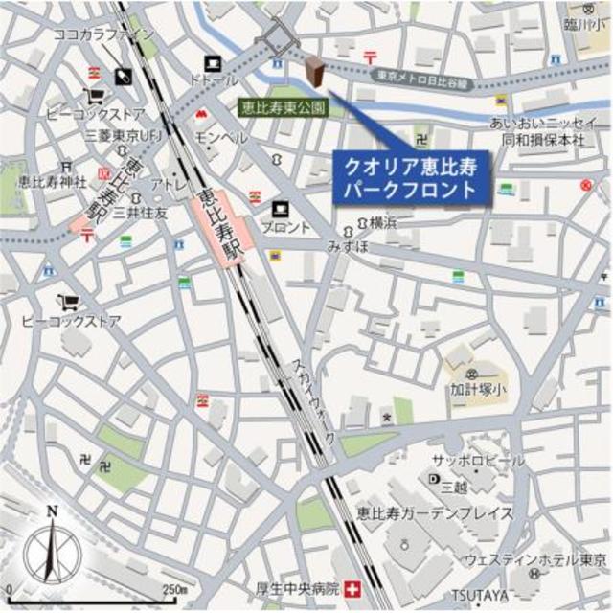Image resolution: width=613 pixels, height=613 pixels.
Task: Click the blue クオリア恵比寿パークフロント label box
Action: click(409, 177)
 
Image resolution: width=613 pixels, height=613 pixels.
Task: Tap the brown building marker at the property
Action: click(313, 72)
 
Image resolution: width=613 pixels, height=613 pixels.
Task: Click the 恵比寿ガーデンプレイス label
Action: click(433, 513)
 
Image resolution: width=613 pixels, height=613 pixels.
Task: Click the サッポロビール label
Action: click(477, 460)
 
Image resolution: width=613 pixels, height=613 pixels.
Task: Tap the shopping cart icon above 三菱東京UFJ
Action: click(95, 96)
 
